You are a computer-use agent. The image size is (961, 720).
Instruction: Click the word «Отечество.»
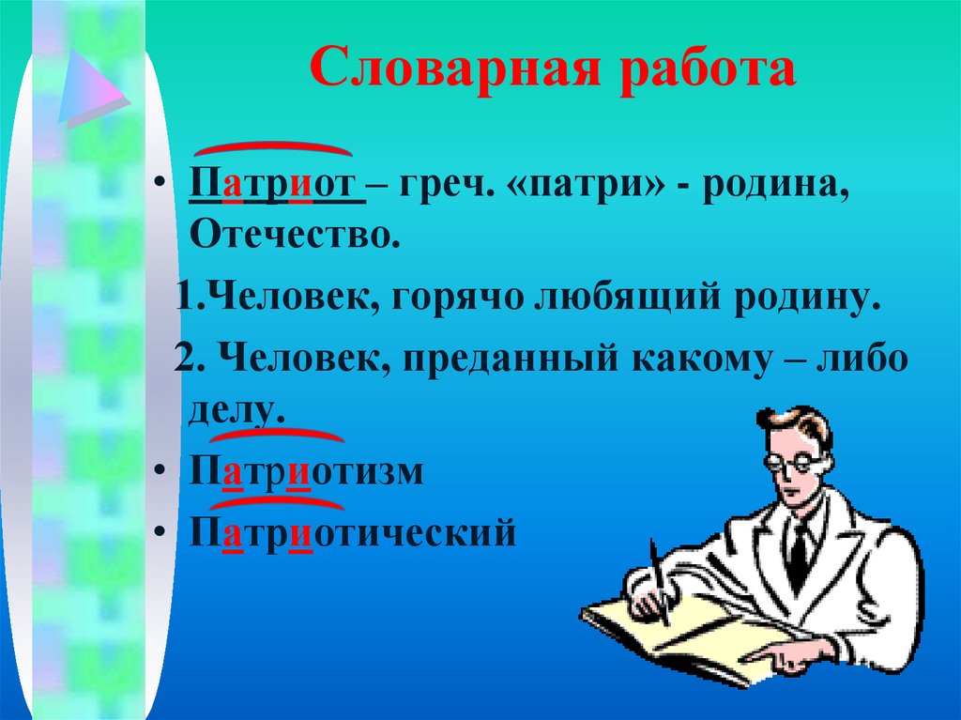click(x=290, y=234)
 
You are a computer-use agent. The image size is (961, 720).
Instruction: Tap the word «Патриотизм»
click(x=308, y=471)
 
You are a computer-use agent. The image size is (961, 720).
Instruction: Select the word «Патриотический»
click(x=353, y=533)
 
